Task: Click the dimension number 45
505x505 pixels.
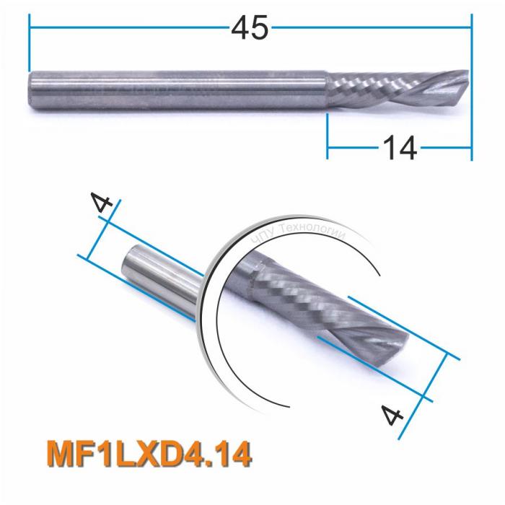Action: point(250,29)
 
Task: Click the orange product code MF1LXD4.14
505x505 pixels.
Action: point(148,454)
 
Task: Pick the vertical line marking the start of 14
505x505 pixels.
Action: point(328,137)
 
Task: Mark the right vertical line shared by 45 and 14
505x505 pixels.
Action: point(472,87)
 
